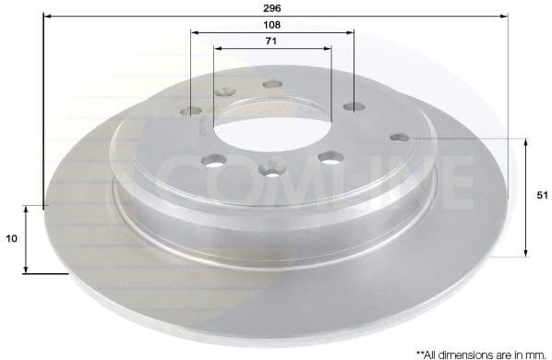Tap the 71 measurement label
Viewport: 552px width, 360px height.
[x=272, y=42]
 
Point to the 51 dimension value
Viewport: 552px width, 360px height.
[x=542, y=196]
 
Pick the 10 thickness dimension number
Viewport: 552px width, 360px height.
[x=12, y=238]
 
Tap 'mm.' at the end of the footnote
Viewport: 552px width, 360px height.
[x=537, y=353]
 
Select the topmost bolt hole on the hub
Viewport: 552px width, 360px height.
[x=271, y=84]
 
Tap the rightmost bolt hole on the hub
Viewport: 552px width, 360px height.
[x=399, y=138]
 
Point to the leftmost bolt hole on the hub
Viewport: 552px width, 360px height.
[x=192, y=112]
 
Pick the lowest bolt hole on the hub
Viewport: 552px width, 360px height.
[x=270, y=168]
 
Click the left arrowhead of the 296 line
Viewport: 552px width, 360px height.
[x=46, y=16]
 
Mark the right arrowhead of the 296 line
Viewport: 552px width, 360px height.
[x=505, y=16]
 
